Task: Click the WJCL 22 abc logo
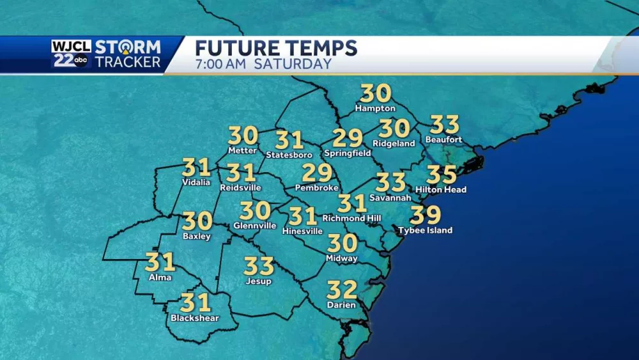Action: [72, 54]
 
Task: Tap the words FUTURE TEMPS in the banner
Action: [275, 48]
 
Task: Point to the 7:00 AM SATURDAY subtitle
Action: [263, 64]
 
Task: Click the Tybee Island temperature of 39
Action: [426, 215]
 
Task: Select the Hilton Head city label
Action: [441, 190]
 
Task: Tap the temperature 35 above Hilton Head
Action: [442, 175]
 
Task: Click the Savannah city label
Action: [390, 198]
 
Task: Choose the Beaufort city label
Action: [443, 140]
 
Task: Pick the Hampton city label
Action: [375, 109]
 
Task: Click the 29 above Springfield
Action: [348, 138]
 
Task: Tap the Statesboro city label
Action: [289, 155]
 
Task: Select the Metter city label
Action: [242, 151]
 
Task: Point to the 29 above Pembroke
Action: [317, 173]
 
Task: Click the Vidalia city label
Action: [196, 182]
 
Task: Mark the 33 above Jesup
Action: [259, 266]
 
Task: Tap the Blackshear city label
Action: [195, 318]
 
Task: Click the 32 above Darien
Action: [342, 290]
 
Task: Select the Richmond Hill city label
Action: [352, 219]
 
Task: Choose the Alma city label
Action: [160, 278]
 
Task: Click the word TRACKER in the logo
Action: [128, 62]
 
